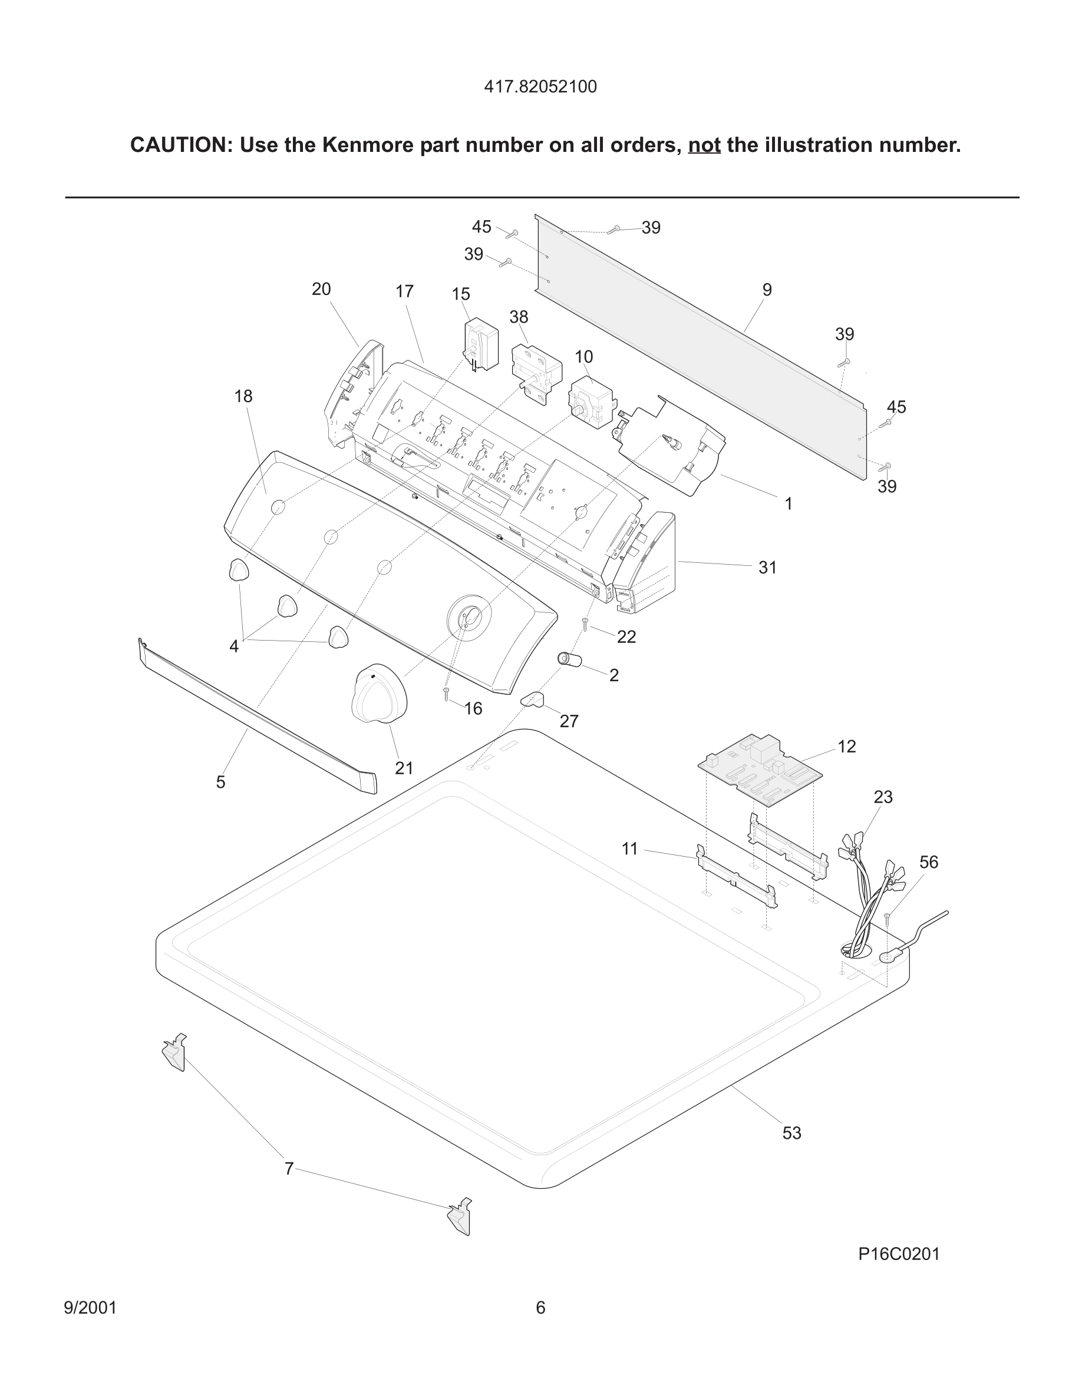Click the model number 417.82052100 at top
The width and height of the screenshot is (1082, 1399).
540,87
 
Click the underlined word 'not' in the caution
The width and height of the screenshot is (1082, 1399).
704,145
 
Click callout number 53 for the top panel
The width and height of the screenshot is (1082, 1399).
791,1133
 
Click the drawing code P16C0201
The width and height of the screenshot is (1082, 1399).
899,1254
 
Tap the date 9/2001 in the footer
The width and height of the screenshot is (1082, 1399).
90,1307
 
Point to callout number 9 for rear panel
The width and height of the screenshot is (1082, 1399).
767,290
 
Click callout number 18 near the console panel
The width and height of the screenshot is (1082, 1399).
243,396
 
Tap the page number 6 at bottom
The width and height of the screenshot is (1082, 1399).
540,1307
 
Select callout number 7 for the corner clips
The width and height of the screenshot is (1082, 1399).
289,1169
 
